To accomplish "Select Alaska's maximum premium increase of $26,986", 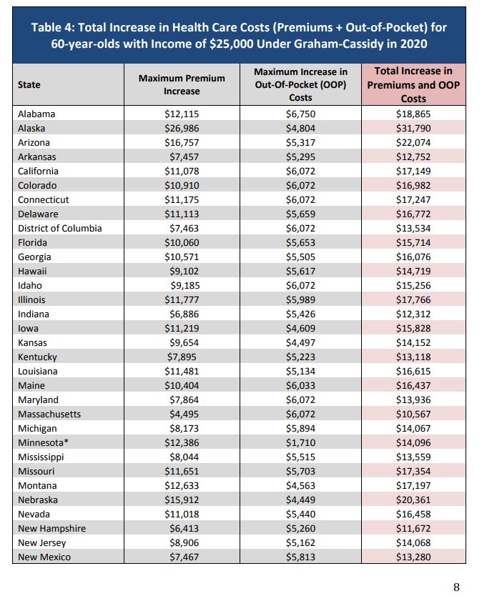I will click(x=182, y=128).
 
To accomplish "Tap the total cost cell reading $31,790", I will click(x=413, y=128).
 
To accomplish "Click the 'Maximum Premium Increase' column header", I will click(x=182, y=84).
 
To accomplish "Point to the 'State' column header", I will click(x=29, y=84).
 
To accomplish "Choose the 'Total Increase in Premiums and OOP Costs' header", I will click(x=413, y=84).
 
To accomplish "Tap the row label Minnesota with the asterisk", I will click(x=43, y=442).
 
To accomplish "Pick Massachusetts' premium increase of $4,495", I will click(x=182, y=414).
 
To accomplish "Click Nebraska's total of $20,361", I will click(x=413, y=500).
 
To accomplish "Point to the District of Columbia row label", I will click(x=60, y=228).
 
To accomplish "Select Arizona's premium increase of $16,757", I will click(x=182, y=142).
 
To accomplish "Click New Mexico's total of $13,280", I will click(x=413, y=557).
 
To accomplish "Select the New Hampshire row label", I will click(x=51, y=528).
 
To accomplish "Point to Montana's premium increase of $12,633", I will click(x=182, y=485).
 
